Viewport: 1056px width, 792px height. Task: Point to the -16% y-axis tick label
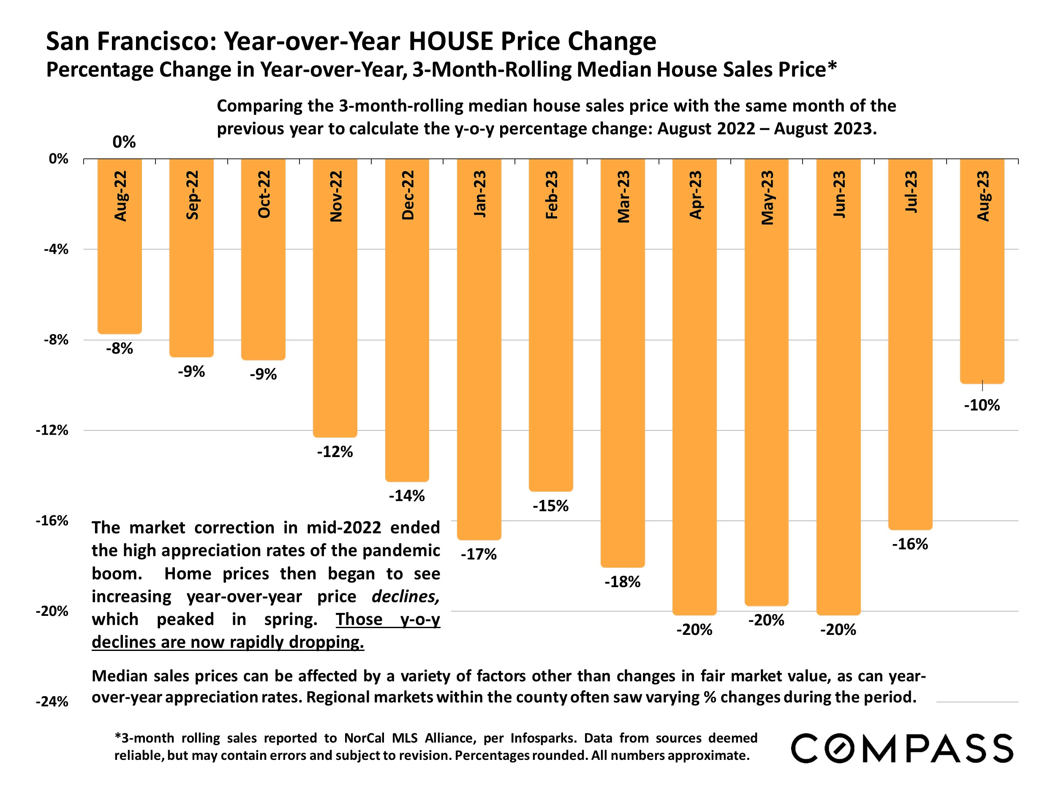[52, 520]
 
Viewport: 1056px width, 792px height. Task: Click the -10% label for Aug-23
[982, 406]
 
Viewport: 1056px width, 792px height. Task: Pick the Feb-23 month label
[551, 195]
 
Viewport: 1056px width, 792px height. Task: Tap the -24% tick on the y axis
[52, 702]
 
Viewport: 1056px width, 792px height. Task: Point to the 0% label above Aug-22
[124, 142]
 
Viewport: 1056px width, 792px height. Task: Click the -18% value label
[622, 582]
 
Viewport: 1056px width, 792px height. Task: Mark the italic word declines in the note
[406, 596]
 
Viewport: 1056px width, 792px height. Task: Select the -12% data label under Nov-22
[335, 452]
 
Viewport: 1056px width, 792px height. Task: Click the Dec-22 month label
[408, 195]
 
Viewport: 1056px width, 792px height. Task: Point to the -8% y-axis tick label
[56, 340]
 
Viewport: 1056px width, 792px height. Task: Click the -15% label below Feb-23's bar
[550, 506]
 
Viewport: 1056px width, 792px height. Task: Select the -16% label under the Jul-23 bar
[910, 544]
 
